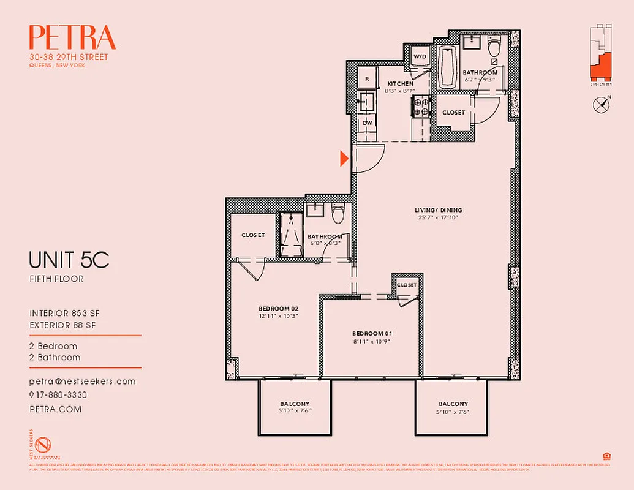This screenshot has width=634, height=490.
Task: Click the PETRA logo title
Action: [72, 38]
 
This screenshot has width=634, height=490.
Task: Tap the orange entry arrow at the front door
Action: [344, 159]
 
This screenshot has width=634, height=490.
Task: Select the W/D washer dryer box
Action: [420, 57]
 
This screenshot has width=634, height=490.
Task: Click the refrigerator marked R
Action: [367, 79]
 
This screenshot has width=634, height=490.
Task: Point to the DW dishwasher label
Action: [368, 123]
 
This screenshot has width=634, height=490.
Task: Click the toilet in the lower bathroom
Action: [338, 215]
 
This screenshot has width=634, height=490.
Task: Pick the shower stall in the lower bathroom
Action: [290, 236]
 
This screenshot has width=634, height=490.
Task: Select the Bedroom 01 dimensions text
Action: [372, 341]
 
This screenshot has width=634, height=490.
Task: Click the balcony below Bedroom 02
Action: [295, 407]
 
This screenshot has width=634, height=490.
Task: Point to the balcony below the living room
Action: [453, 407]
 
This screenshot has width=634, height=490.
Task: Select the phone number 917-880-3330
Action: [58, 395]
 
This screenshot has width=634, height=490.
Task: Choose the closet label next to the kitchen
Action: [453, 113]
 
